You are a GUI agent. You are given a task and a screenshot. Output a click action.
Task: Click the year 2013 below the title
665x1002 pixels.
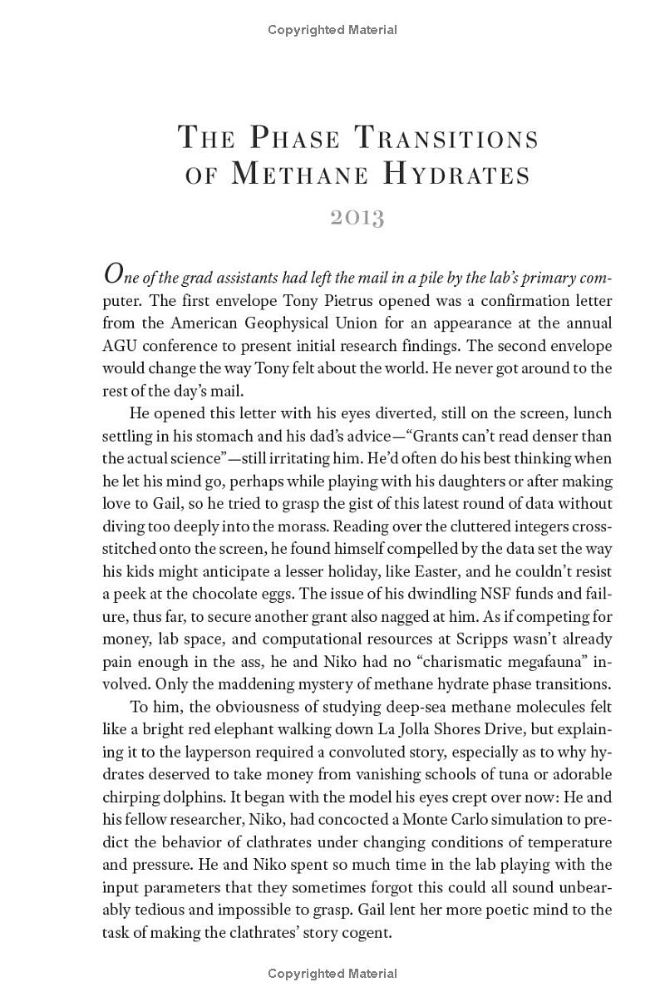(357, 218)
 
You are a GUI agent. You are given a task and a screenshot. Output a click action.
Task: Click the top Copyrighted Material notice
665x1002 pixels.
(332, 30)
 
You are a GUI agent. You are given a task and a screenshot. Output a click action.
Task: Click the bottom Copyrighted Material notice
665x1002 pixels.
(332, 973)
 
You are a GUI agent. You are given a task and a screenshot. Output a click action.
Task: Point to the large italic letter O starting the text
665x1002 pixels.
(115, 274)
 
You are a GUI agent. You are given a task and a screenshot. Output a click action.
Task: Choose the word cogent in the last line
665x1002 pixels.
(364, 932)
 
